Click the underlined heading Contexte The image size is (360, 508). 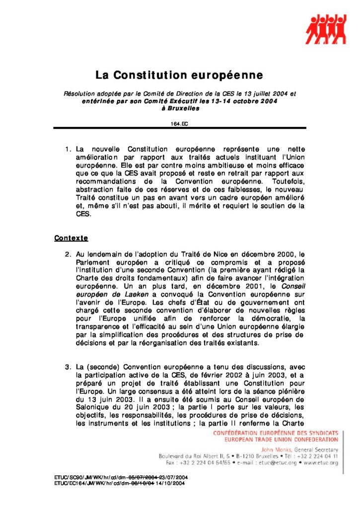click(x=71, y=238)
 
